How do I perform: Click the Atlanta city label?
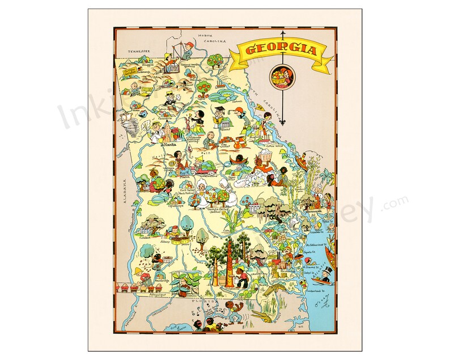pyautogui.click(x=169, y=145)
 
